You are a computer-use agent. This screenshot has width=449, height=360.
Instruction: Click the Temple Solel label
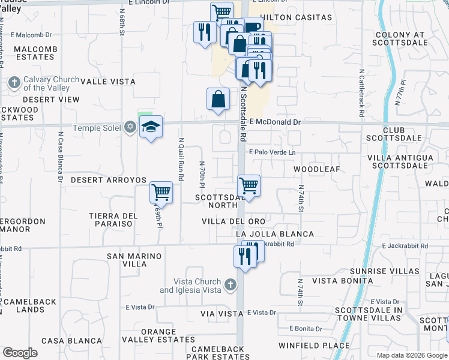click(97, 128)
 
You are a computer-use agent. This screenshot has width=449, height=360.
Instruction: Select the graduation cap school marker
click(151, 126)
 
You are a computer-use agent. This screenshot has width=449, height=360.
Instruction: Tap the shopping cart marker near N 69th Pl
click(161, 193)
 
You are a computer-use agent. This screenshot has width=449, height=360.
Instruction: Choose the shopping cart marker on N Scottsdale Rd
click(249, 185)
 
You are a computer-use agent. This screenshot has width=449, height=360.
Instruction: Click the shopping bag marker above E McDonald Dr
click(218, 99)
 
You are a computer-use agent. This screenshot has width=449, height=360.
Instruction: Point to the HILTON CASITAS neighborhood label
click(297, 17)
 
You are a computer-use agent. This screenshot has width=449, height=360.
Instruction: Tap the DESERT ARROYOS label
click(109, 180)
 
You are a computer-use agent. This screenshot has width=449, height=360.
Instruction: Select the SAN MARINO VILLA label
click(134, 260)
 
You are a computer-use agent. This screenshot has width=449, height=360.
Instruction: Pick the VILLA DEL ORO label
click(233, 221)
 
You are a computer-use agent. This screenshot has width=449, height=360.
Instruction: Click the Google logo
click(20, 353)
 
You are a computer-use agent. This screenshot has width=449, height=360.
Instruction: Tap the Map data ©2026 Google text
click(412, 355)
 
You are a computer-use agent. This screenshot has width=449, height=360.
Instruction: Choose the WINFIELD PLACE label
click(313, 345)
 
